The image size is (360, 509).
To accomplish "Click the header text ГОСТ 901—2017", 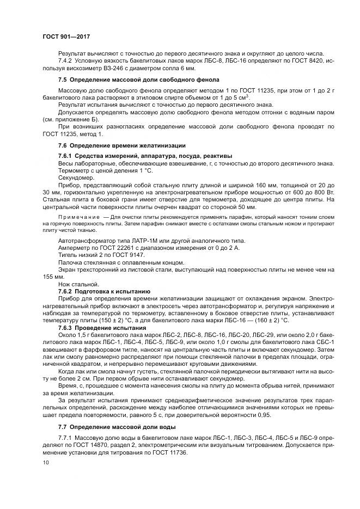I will click(x=65, y=36).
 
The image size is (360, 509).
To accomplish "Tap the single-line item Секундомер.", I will click(x=75, y=178).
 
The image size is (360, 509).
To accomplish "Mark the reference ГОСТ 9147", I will click(x=127, y=255).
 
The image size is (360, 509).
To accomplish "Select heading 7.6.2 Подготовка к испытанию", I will click(x=108, y=291).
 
